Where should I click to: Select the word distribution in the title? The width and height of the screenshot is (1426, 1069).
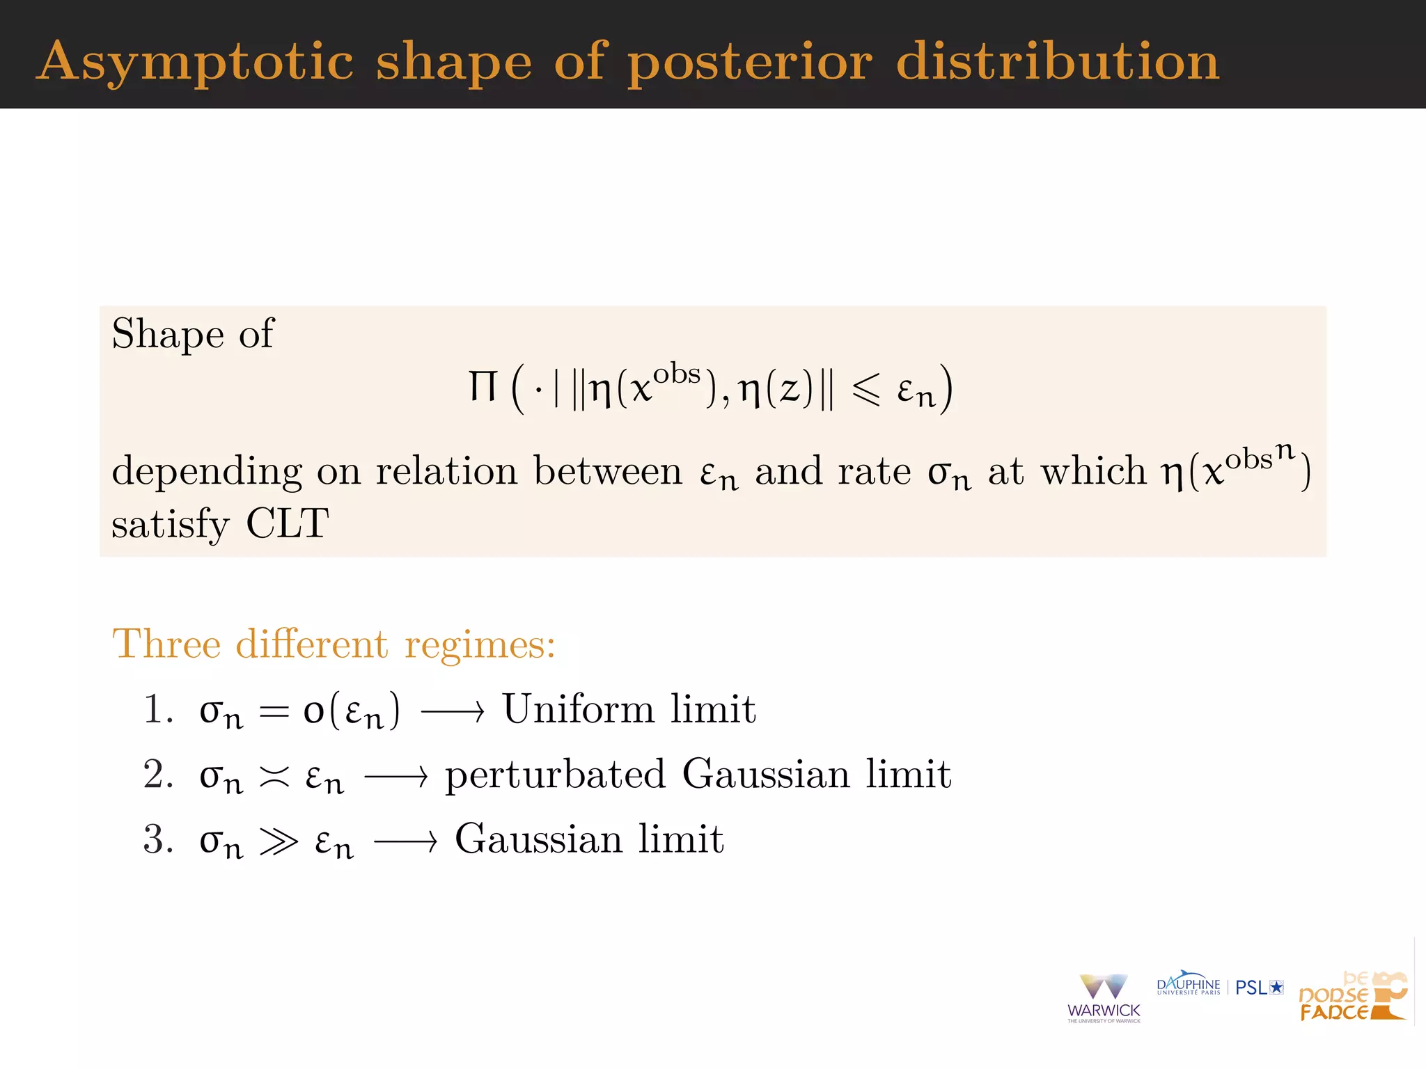(1057, 61)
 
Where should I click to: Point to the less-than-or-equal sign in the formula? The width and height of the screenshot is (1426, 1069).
(866, 389)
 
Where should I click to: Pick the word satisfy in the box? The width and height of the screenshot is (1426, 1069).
(170, 524)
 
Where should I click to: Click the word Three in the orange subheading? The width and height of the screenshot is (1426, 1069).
(166, 643)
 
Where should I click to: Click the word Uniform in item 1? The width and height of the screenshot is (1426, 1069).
(578, 709)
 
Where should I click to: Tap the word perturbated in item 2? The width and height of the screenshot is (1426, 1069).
(555, 774)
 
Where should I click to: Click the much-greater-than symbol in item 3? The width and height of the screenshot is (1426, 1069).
(279, 841)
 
